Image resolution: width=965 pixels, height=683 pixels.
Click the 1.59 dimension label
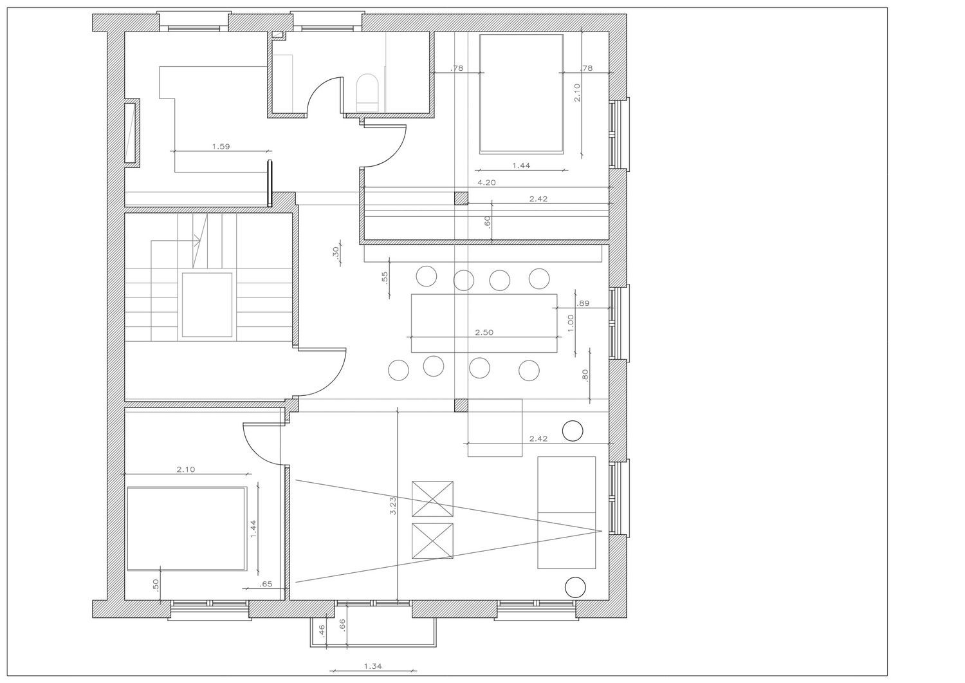[221, 147]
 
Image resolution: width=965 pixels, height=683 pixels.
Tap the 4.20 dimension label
[486, 183]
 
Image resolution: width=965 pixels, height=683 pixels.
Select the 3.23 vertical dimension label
[392, 506]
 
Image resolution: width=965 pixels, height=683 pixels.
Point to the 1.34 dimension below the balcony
[372, 666]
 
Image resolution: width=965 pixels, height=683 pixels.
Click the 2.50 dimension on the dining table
[484, 332]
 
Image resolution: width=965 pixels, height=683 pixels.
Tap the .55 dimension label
[385, 277]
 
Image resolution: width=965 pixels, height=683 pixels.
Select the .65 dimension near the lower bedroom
[266, 585]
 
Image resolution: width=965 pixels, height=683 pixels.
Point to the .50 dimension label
[156, 585]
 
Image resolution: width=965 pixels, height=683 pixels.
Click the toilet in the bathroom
[367, 93]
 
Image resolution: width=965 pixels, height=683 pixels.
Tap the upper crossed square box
[432, 499]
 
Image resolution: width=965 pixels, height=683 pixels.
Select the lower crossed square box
[432, 541]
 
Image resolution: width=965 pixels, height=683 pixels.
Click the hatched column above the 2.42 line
[461, 198]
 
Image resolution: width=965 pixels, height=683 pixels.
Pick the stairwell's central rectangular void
[207, 305]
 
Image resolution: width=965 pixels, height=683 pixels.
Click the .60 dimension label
[487, 221]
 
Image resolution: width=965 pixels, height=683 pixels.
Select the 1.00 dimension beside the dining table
[571, 323]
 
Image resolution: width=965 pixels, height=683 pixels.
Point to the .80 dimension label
[585, 375]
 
